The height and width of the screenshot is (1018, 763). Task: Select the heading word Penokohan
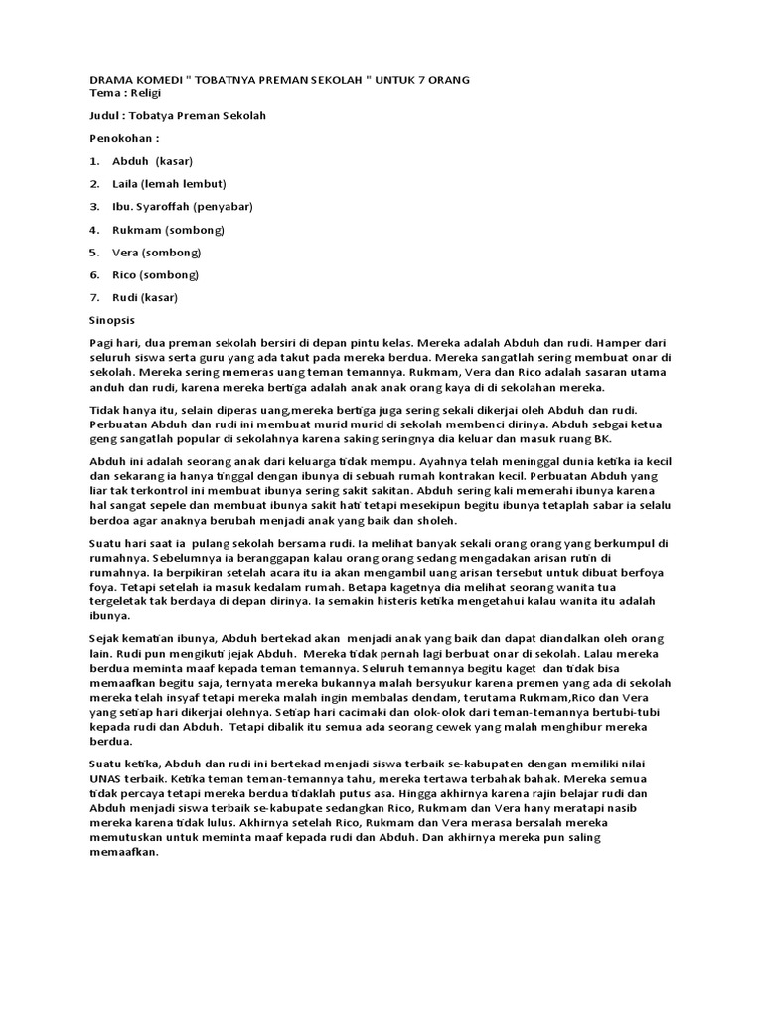point(121,138)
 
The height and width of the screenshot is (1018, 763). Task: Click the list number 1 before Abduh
point(94,161)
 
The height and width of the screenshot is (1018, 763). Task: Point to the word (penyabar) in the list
point(224,207)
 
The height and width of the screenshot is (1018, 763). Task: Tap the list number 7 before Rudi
point(94,297)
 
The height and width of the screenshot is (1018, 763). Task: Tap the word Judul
point(108,115)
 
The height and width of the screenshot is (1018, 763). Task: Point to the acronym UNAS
point(108,778)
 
